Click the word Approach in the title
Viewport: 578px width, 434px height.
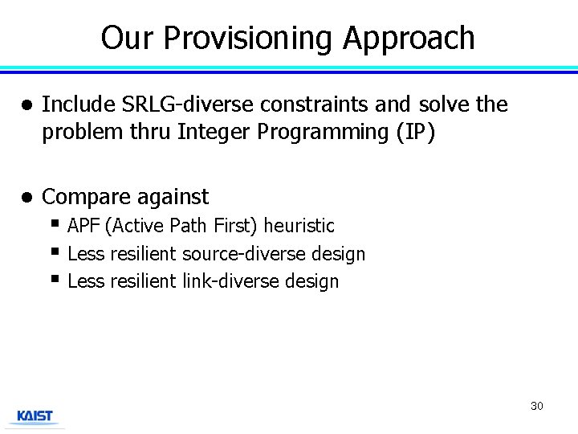pyautogui.click(x=409, y=38)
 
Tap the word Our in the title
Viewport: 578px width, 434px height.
pyautogui.click(x=127, y=38)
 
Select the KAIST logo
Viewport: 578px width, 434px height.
pyautogui.click(x=35, y=416)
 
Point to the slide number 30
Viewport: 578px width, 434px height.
pyautogui.click(x=536, y=406)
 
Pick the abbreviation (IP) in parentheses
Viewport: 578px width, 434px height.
pyautogui.click(x=415, y=132)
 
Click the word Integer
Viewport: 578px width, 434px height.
pyautogui.click(x=214, y=132)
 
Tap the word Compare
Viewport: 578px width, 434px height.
pyautogui.click(x=83, y=197)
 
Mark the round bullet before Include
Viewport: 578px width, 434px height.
pyautogui.click(x=26, y=105)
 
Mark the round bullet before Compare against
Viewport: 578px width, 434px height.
pyautogui.click(x=26, y=197)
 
